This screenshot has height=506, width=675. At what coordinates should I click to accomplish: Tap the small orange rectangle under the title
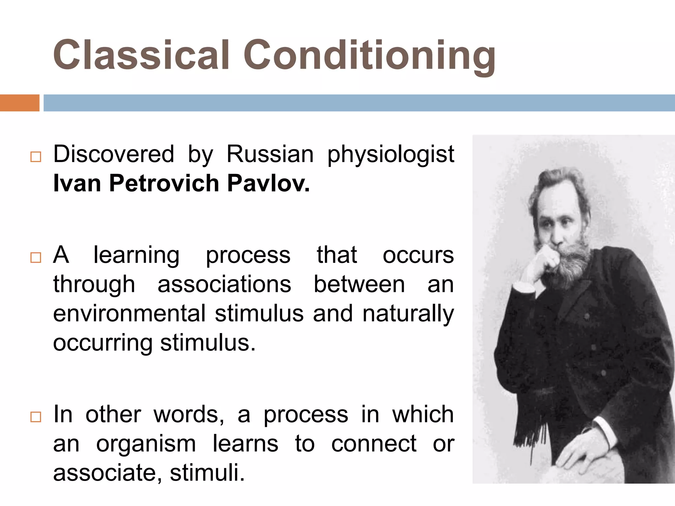tap(19, 103)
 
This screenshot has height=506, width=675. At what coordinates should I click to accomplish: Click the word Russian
tap(270, 154)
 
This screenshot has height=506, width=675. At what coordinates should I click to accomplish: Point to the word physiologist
tap(391, 155)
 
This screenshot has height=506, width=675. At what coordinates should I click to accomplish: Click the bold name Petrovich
tap(164, 183)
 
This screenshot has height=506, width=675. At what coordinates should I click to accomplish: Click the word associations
tap(224, 284)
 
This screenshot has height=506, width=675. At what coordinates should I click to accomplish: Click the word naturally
tap(408, 314)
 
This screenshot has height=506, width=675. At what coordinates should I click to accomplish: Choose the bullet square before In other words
tap(36, 417)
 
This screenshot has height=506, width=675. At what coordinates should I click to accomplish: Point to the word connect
tap(374, 443)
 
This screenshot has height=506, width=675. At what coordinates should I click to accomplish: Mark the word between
tap(359, 284)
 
